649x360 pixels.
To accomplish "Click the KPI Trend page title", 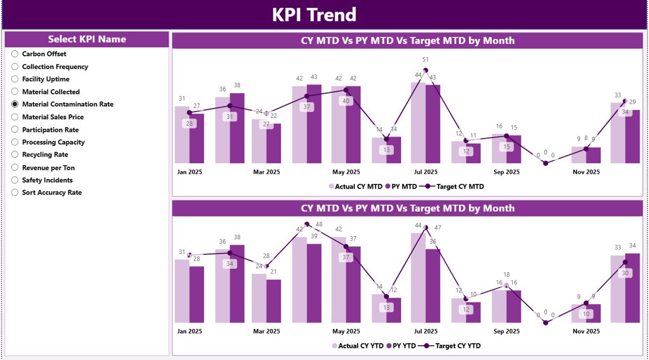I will pyautogui.click(x=314, y=15).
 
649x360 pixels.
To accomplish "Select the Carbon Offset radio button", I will pyautogui.click(x=15, y=54).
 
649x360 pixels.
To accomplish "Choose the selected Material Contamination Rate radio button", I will pyautogui.click(x=15, y=104).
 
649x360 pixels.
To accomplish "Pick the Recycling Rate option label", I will pyautogui.click(x=45, y=155).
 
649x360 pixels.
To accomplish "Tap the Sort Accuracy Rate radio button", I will pyautogui.click(x=15, y=193).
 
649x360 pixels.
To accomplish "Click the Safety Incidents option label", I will pyautogui.click(x=47, y=180).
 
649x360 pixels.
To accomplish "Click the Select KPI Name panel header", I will pyautogui.click(x=87, y=39).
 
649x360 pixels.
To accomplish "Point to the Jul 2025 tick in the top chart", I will pyautogui.click(x=425, y=172).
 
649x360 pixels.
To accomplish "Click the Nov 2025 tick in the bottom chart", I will pyautogui.click(x=586, y=331).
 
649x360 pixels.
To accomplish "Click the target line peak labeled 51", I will pyautogui.click(x=425, y=70).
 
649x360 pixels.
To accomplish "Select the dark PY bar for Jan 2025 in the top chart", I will pyautogui.click(x=197, y=138).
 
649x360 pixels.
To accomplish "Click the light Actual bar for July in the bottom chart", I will pyautogui.click(x=418, y=278).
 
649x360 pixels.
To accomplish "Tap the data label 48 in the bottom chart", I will pyautogui.click(x=319, y=225).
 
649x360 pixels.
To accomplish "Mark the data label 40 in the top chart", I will pyautogui.click(x=346, y=101).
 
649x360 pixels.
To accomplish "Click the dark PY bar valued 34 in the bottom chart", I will pyautogui.click(x=632, y=288).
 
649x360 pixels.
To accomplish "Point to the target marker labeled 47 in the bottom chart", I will pyautogui.click(x=425, y=228).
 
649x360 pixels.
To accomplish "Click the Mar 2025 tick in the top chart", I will pyautogui.click(x=266, y=172).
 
